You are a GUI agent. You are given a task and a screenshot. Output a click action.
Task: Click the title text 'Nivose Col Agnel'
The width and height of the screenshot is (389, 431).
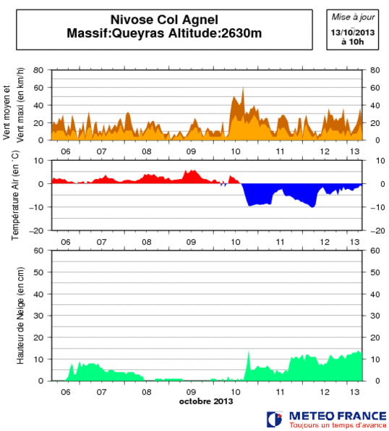point(164,20)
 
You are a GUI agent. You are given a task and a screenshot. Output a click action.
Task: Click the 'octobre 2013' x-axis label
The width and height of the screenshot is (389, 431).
point(205,401)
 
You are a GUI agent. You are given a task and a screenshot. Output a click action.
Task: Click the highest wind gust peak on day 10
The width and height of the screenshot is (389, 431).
point(243,88)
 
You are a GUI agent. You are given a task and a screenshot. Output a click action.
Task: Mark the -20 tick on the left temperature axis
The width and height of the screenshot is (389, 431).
point(36,230)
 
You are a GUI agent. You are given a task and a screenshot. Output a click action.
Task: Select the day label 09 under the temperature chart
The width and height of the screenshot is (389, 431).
point(191,241)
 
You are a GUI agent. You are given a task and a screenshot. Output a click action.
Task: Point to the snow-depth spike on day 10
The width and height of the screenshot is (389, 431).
point(248,352)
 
